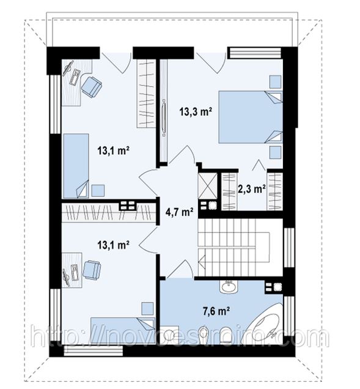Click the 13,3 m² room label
[x=196, y=112]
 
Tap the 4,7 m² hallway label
[x=179, y=212]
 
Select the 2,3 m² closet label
[x=252, y=189]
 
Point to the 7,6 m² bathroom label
[x=216, y=311]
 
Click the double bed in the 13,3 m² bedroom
[x=251, y=117]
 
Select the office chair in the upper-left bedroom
[x=92, y=87]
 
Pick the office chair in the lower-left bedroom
[x=92, y=269]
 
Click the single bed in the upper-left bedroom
[x=76, y=166]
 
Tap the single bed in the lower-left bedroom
[x=123, y=330]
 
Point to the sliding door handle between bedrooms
[x=164, y=117]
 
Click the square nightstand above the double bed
[x=275, y=82]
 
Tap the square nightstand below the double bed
[x=275, y=152]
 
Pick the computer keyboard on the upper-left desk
[x=76, y=77]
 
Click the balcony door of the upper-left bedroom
[x=117, y=63]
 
